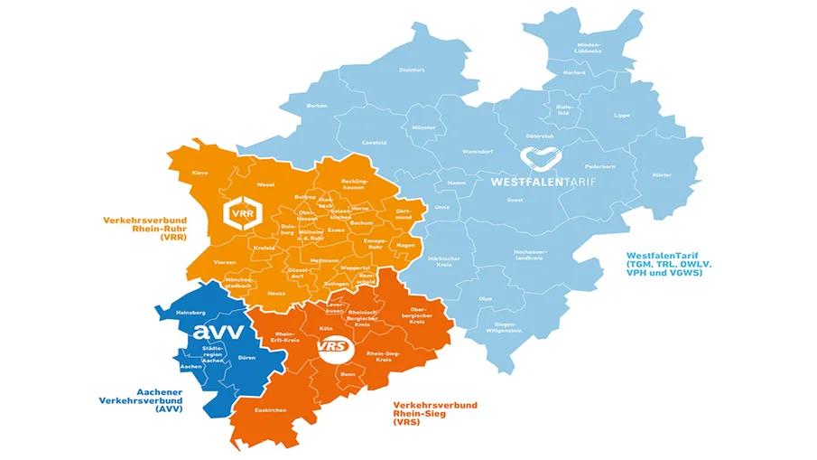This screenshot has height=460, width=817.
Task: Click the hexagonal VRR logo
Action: (240, 213)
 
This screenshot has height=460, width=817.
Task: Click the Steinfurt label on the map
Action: (412, 69)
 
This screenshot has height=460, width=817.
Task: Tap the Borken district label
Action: (317, 106)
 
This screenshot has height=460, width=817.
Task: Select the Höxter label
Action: (663, 174)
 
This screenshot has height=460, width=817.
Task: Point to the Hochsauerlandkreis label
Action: (528, 255)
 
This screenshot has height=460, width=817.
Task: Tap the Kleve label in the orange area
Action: (200, 172)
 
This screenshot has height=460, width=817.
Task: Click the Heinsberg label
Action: (181, 312)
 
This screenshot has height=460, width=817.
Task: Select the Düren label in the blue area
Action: (246, 357)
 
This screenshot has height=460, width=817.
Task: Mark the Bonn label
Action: (348, 372)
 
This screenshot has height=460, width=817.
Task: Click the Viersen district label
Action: (225, 261)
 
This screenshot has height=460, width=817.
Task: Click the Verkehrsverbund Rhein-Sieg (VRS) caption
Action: (435, 414)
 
